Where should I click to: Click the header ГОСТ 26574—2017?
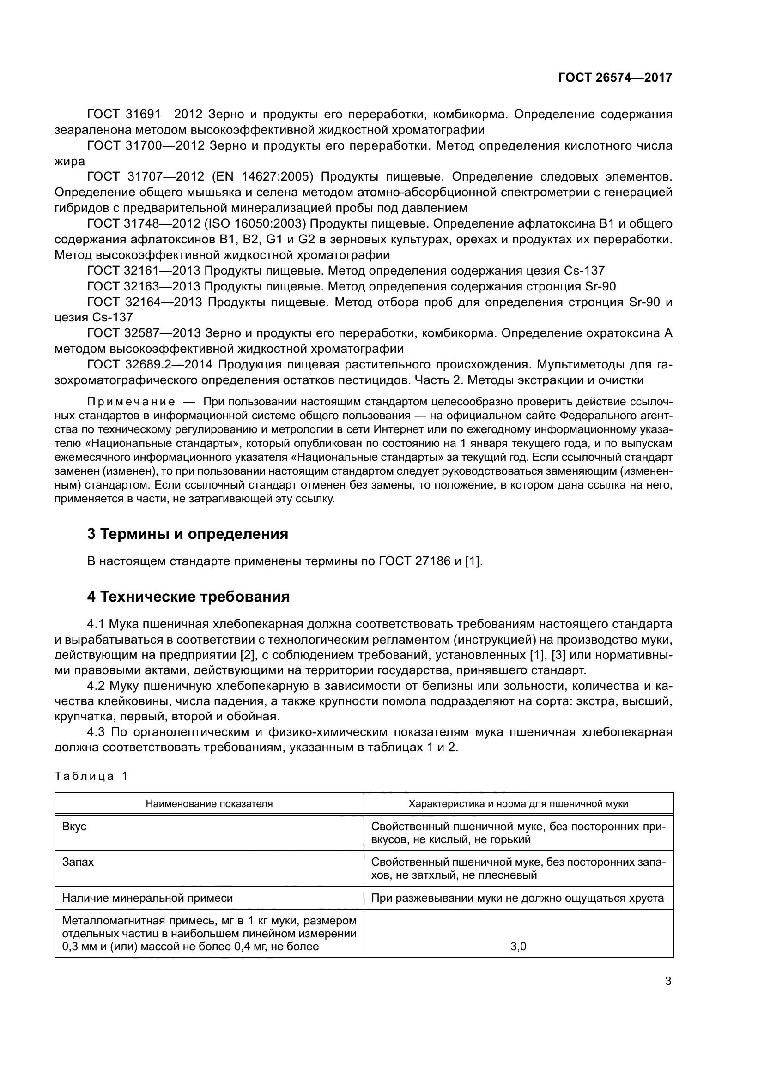click(615, 78)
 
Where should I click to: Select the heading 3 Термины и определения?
click(187, 534)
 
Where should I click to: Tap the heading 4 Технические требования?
click(188, 597)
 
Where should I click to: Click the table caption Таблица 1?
click(91, 776)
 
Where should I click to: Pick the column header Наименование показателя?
click(209, 804)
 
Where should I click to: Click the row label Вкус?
click(74, 827)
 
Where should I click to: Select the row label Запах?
click(78, 862)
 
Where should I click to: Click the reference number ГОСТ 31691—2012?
click(145, 115)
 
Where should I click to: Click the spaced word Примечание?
click(131, 402)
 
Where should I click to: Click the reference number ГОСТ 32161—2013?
click(144, 271)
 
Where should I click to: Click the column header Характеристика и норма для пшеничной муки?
click(518, 804)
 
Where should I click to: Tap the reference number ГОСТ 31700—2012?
click(145, 146)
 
